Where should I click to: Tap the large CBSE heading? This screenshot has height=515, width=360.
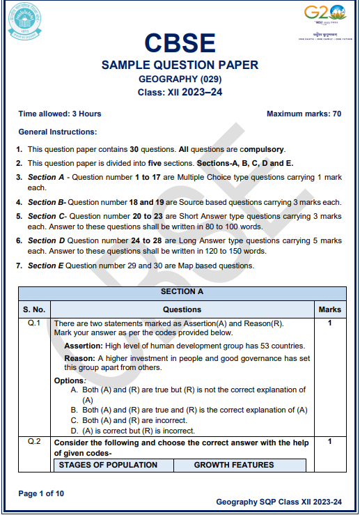(x=180, y=43)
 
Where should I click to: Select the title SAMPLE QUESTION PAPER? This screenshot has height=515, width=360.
(x=180, y=66)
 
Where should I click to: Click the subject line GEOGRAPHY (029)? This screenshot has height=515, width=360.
(x=180, y=79)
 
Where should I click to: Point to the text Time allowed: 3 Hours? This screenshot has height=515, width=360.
(x=60, y=114)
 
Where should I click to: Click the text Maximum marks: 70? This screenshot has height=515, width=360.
(x=304, y=114)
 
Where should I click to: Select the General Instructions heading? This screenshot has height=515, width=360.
(x=58, y=132)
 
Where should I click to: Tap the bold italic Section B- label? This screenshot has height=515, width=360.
(x=47, y=202)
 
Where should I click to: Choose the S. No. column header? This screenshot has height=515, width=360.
(x=33, y=309)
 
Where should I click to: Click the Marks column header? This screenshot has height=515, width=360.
(x=329, y=309)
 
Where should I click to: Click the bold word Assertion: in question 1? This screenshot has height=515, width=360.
(x=84, y=346)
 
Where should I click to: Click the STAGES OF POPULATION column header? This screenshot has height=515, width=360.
(x=108, y=465)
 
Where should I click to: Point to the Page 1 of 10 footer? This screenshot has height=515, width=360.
(x=41, y=494)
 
